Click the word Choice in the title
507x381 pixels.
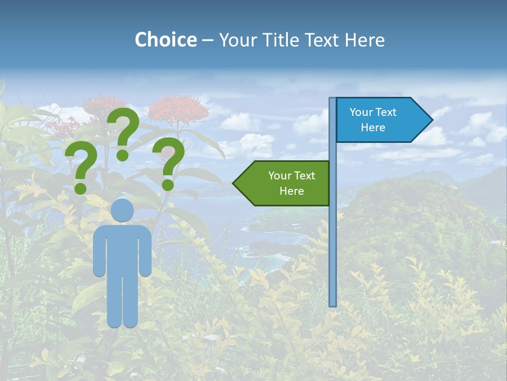click(x=165, y=40)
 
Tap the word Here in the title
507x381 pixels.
click(x=364, y=40)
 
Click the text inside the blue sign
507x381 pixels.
click(x=373, y=120)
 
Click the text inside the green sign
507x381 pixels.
click(x=292, y=183)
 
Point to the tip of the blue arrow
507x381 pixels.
click(x=431, y=120)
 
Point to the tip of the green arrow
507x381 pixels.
click(x=234, y=183)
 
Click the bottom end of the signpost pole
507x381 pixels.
click(x=333, y=304)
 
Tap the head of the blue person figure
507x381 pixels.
click(x=122, y=210)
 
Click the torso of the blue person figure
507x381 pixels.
click(x=122, y=249)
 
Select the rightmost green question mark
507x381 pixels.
click(x=169, y=162)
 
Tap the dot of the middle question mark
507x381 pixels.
click(x=123, y=155)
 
